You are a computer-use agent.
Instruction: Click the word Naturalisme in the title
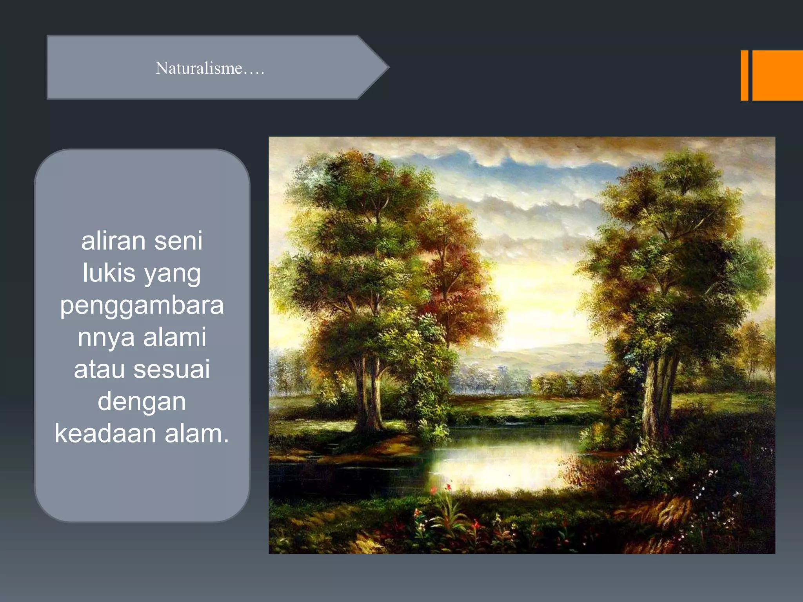point(199,68)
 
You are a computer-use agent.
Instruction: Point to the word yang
point(173,274)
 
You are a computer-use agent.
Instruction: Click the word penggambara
point(142,306)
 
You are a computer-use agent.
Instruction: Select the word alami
point(174,337)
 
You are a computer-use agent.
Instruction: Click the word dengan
point(142,402)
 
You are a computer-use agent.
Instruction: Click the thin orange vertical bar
point(744,75)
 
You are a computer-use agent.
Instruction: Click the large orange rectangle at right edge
point(777,75)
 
